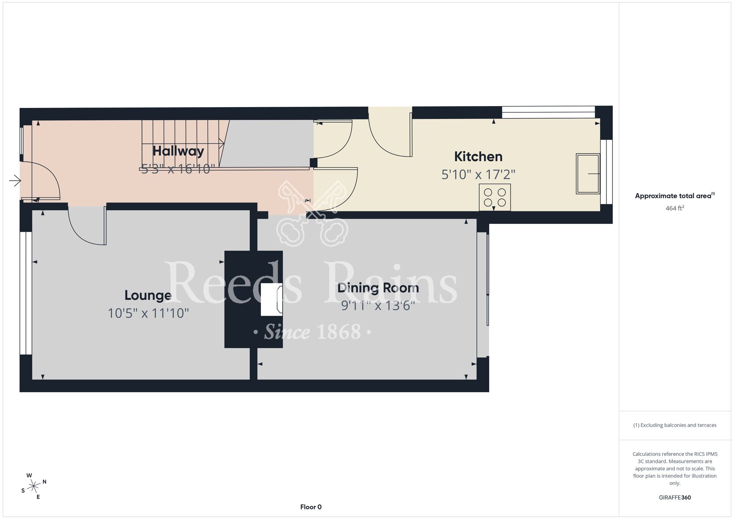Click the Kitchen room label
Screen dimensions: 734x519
[478, 157]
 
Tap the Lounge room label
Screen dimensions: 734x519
[148, 295]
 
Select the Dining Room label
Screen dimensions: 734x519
[378, 288]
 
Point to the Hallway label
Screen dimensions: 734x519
[178, 151]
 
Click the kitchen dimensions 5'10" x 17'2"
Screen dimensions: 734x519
[478, 174]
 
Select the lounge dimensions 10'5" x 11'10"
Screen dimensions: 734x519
[148, 313]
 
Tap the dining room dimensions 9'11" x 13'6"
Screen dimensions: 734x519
[378, 305]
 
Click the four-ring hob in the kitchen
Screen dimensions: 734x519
[495, 197]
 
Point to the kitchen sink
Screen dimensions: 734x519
[588, 174]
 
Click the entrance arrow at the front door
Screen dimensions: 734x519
[15, 181]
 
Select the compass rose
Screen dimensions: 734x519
[34, 486]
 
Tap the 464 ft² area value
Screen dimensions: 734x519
[675, 208]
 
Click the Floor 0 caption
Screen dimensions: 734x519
[311, 507]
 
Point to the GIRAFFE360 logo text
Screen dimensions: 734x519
[675, 498]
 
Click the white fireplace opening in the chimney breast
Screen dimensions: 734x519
[271, 299]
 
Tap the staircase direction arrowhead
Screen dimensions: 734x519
[222, 144]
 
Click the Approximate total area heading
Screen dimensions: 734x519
[675, 196]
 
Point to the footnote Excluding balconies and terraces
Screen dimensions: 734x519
[675, 425]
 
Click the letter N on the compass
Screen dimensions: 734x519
[44, 482]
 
